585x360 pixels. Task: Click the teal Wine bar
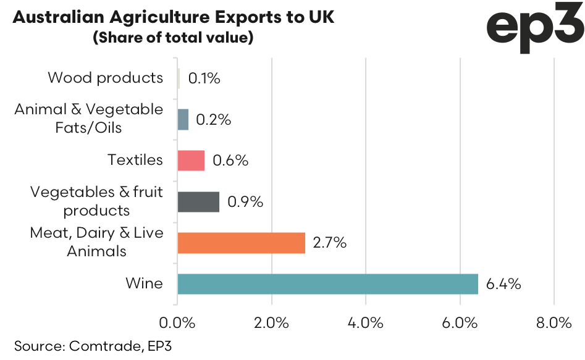tap(327, 284)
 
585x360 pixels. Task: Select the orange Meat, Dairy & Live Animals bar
tap(241, 243)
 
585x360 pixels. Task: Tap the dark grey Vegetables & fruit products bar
tap(198, 202)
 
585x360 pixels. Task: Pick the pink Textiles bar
tap(191, 161)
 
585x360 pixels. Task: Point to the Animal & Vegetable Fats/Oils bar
tap(183, 119)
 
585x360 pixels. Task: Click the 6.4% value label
tap(503, 284)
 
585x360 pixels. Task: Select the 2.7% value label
tap(330, 243)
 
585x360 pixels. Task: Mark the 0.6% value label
tap(230, 161)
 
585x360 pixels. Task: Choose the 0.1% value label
tap(204, 78)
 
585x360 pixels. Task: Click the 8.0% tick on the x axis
tap(554, 323)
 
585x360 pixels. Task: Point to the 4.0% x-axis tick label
tap(366, 323)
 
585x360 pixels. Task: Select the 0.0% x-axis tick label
tap(178, 323)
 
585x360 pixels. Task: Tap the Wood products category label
tap(106, 78)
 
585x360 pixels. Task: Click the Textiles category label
tap(135, 160)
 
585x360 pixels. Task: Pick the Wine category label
tap(145, 284)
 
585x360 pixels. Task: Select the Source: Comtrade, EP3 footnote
tap(93, 346)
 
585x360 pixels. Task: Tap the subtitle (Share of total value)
tap(173, 38)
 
